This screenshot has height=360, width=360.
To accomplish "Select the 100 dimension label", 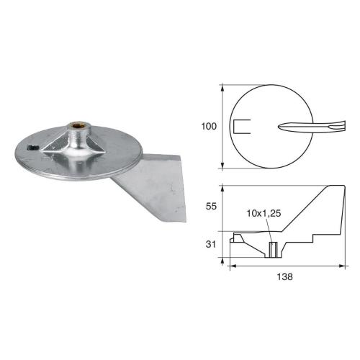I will tap(209, 127).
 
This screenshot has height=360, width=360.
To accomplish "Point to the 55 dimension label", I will tap(211, 206).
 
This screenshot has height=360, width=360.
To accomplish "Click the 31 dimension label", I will tap(211, 245).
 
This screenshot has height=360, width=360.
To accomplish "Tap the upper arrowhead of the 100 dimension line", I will tap(222, 87).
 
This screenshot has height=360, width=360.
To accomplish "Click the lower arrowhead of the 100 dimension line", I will tap(222, 167).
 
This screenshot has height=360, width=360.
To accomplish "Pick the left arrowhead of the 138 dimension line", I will tap(231, 266).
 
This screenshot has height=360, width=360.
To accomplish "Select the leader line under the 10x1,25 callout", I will tap(269, 230).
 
